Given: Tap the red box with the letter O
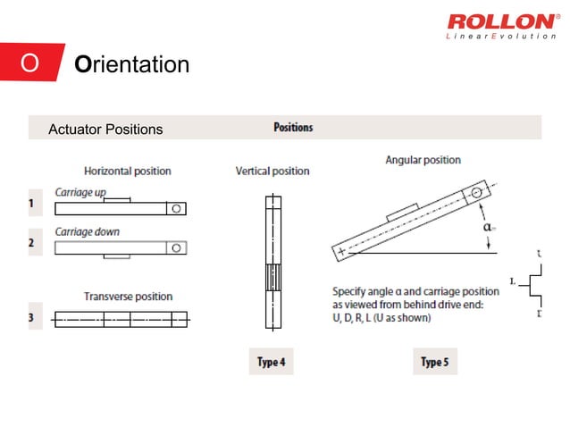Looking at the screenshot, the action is click(30, 64).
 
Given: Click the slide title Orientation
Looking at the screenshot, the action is click(132, 65).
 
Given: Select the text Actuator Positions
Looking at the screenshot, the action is click(106, 130).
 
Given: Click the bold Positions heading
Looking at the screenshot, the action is click(293, 127).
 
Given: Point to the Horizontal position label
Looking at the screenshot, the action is click(128, 171).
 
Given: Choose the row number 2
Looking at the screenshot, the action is click(33, 242).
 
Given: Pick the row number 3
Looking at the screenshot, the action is click(33, 317).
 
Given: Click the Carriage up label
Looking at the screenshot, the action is click(80, 191).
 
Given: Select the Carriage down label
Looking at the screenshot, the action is click(87, 231).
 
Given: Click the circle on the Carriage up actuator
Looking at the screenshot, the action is click(177, 208).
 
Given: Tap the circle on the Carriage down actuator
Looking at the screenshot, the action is click(177, 247).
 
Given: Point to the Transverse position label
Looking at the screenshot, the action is click(128, 297).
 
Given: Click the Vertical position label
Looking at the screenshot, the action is click(272, 171).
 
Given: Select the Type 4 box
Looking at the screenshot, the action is click(269, 362).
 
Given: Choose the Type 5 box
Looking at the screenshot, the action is click(433, 362).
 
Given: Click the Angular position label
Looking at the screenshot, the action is click(423, 160).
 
